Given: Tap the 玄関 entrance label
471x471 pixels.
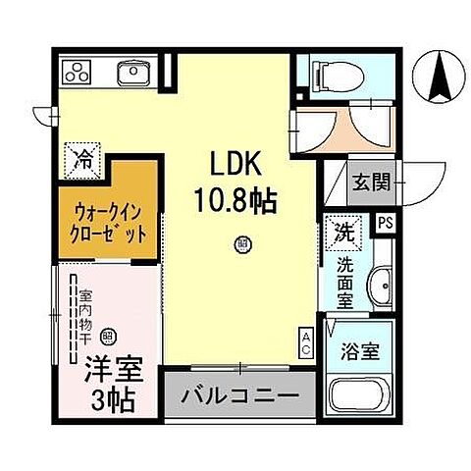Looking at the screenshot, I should pyautogui.click(x=374, y=181).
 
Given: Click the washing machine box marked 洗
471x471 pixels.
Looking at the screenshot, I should pyautogui.click(x=342, y=232).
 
